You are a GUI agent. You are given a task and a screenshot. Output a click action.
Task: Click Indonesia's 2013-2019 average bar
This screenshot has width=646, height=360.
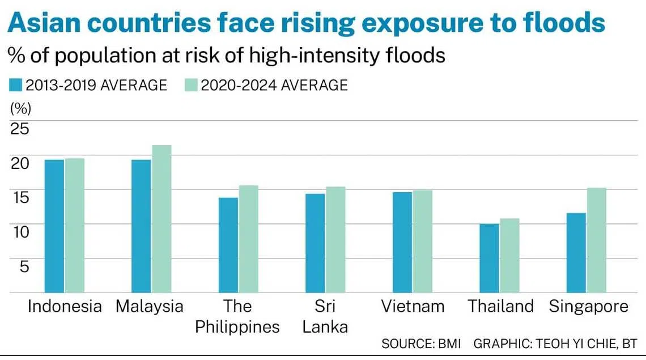point(54,226)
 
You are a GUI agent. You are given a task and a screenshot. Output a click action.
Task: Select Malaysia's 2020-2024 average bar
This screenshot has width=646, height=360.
point(161,219)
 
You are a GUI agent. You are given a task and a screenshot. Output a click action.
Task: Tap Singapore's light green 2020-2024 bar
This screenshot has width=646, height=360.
point(596,240)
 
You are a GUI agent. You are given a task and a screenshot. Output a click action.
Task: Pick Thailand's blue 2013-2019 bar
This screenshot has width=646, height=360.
point(489,258)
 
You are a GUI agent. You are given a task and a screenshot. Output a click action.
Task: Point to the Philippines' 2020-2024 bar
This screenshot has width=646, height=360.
point(248,239)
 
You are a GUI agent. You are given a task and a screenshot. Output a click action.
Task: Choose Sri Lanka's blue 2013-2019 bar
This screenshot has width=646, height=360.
point(315,243)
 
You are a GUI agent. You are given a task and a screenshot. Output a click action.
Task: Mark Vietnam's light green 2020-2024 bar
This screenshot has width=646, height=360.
point(422,241)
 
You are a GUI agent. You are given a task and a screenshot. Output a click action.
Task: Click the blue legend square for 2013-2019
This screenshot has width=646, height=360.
point(15,85)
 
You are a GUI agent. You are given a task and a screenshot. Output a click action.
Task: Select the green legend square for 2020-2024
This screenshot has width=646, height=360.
point(192,85)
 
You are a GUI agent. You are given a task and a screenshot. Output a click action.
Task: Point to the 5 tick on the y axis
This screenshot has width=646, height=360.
point(24,265)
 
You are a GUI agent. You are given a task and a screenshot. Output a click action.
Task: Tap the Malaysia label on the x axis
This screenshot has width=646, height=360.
point(150,307)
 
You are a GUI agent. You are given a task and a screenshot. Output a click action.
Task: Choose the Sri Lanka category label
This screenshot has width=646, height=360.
point(325,316)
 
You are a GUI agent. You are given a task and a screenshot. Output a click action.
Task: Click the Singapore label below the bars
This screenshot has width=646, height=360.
point(589,307)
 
